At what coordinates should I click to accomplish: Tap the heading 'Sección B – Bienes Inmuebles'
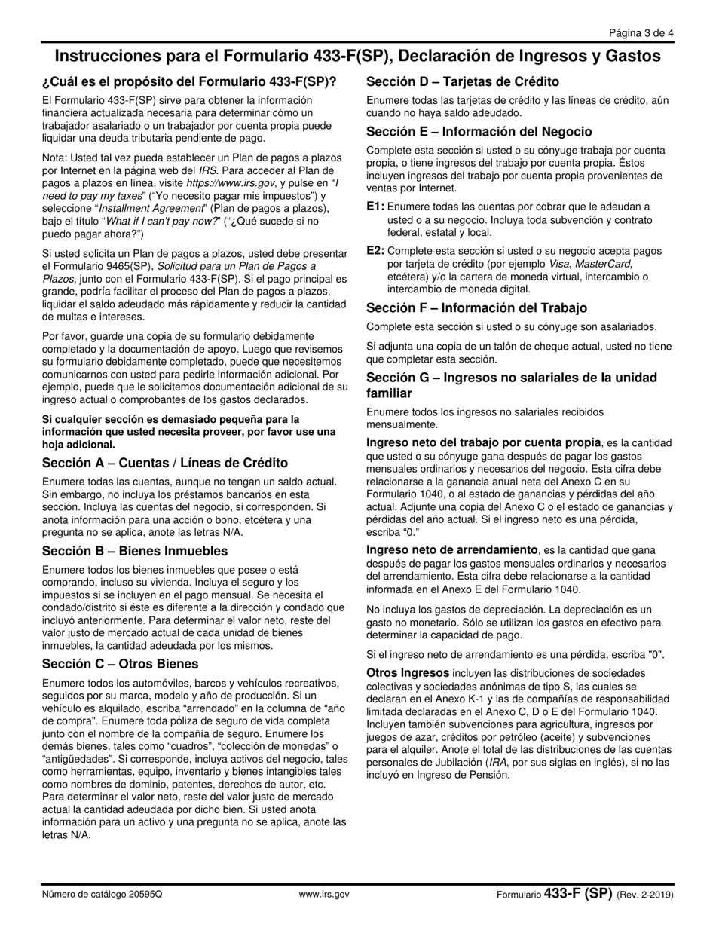[x=135, y=551]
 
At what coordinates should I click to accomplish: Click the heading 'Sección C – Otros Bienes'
[x=121, y=664]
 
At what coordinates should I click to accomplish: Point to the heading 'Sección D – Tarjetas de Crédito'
[x=463, y=81]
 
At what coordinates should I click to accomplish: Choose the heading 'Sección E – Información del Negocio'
[x=479, y=131]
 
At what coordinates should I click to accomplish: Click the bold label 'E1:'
[x=375, y=207]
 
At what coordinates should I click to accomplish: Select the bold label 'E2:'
[x=375, y=251]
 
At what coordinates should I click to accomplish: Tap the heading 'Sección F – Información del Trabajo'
[x=476, y=307]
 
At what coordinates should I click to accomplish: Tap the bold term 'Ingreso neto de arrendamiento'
[x=452, y=550]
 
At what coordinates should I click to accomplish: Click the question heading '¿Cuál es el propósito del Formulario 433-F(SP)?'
[x=189, y=81]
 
